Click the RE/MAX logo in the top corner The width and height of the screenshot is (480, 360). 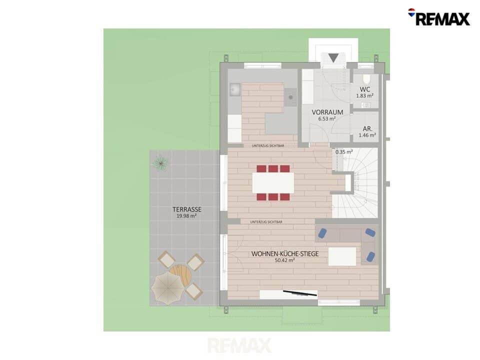pyautogui.click(x=439, y=17)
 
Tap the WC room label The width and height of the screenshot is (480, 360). pyautogui.click(x=364, y=89)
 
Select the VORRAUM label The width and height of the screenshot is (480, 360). pyautogui.click(x=327, y=112)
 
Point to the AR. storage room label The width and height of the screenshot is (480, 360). pyautogui.click(x=367, y=129)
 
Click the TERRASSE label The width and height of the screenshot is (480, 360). pyautogui.click(x=186, y=209)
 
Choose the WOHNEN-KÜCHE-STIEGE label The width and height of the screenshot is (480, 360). pyautogui.click(x=284, y=254)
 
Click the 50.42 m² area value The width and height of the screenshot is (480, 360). pyautogui.click(x=284, y=260)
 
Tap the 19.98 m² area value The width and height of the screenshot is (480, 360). pyautogui.click(x=186, y=216)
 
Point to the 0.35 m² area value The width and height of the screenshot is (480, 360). pyautogui.click(x=344, y=151)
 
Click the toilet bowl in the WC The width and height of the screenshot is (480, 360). pyautogui.click(x=366, y=79)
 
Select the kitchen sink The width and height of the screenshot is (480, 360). pyautogui.click(x=235, y=89)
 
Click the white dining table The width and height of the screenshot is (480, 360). pyautogui.click(x=273, y=183)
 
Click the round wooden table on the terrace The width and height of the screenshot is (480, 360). pyautogui.click(x=180, y=274)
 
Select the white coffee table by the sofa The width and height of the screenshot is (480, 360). pyautogui.click(x=342, y=256)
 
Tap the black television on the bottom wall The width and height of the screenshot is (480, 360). pyautogui.click(x=299, y=293)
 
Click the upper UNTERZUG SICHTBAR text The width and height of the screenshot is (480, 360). pyautogui.click(x=268, y=145)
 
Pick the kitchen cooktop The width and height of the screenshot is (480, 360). pyautogui.click(x=290, y=97)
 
